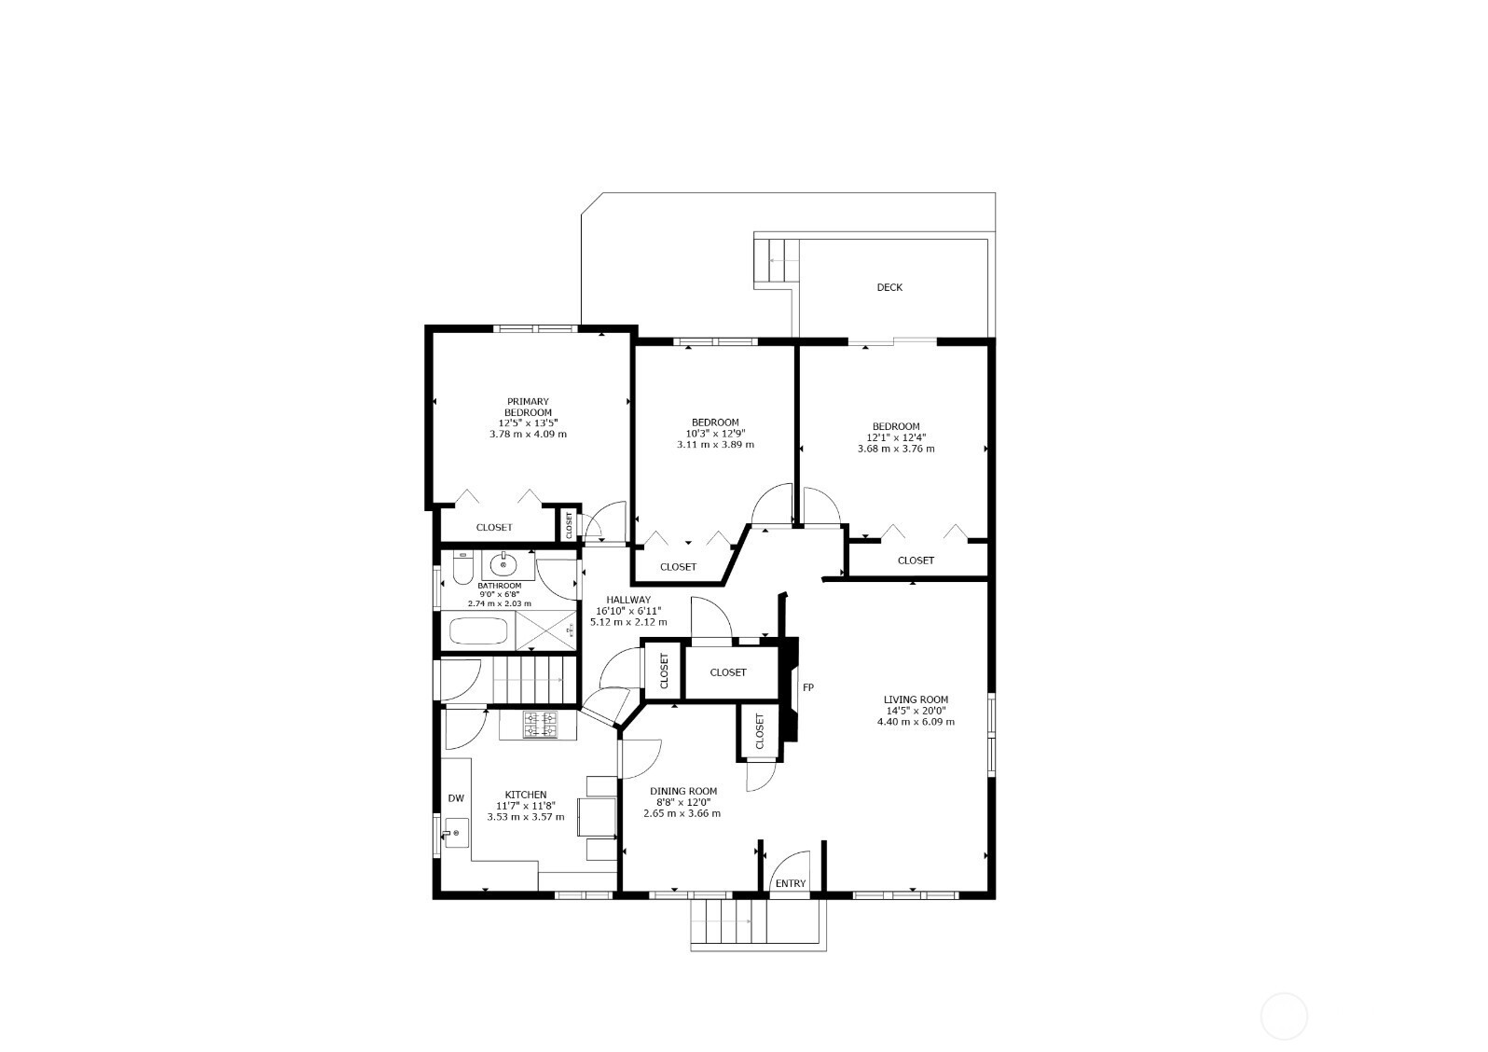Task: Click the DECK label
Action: click(889, 287)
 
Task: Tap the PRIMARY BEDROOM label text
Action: click(528, 407)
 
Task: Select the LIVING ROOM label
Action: click(916, 699)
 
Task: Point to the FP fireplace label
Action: click(807, 687)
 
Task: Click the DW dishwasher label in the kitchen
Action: click(456, 798)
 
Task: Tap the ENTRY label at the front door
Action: click(791, 883)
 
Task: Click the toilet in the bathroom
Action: click(462, 569)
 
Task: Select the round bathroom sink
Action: click(503, 565)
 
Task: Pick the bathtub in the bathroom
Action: click(479, 630)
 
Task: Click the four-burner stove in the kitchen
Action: click(540, 725)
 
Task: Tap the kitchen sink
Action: click(456, 833)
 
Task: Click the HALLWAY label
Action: click(628, 600)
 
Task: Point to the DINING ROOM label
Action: click(682, 791)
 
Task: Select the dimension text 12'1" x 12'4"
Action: click(895, 437)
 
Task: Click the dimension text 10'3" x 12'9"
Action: click(715, 434)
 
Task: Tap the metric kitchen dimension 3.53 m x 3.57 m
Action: click(526, 817)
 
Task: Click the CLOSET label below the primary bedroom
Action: click(494, 527)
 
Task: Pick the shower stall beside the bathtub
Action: click(546, 629)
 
